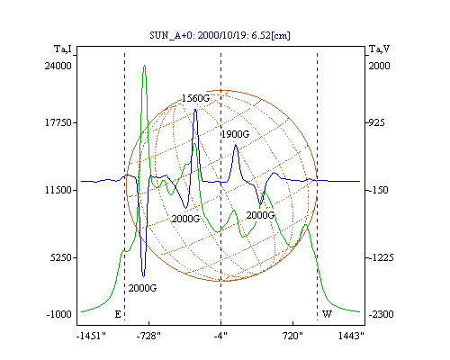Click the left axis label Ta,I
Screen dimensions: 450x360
63,49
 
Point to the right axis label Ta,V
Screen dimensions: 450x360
379,49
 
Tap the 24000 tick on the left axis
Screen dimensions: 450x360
58,66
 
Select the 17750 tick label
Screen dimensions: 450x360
58,122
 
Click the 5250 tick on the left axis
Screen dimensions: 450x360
61,257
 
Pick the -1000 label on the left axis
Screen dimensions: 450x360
59,314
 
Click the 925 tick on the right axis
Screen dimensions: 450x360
376,122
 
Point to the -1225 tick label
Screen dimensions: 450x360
381,257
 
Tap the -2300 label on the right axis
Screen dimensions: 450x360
381,314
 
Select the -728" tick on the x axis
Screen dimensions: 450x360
148,336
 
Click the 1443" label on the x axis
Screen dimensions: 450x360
351,336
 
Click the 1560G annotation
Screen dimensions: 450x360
195,98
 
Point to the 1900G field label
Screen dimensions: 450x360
235,134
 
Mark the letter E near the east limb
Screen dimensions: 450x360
118,314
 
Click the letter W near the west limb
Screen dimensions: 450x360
327,314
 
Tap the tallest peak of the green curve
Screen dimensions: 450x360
145,66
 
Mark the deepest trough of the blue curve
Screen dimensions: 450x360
143,276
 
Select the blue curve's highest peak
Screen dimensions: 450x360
195,110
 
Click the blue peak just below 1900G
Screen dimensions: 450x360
236,146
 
